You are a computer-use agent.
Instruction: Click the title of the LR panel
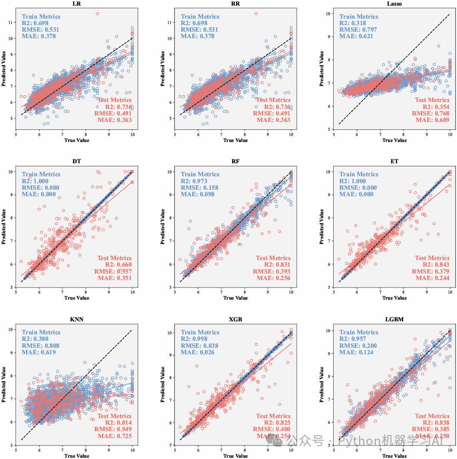[x=76, y=4]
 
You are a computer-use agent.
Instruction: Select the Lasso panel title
[x=394, y=4]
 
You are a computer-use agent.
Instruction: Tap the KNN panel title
[x=76, y=319]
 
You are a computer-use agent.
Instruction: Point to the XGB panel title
[x=235, y=319]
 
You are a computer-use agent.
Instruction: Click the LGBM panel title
[x=394, y=319]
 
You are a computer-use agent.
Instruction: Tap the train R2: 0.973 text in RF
[x=194, y=181]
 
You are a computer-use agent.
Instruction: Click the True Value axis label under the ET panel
[x=394, y=298]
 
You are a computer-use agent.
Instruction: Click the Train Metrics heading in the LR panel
[x=41, y=17]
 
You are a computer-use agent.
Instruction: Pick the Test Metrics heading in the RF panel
[x=272, y=258]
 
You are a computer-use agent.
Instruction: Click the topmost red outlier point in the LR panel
[x=97, y=14]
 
